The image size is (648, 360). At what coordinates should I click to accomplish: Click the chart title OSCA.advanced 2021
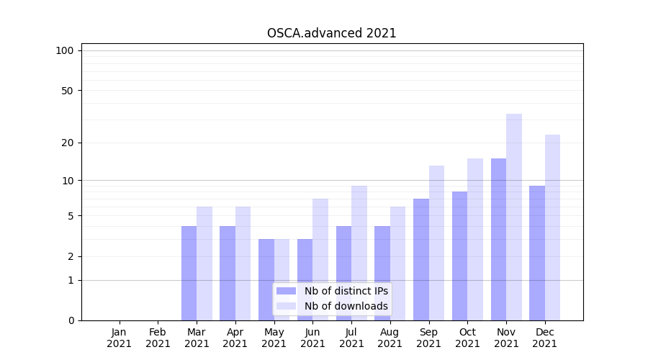click(331, 33)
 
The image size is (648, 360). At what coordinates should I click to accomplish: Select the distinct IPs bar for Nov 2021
click(498, 239)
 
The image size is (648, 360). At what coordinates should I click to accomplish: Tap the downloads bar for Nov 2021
click(514, 217)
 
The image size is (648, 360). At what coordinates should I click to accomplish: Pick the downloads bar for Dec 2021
click(552, 228)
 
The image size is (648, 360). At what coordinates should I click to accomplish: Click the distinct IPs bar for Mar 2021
click(189, 273)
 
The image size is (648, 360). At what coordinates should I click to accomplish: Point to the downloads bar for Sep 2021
click(436, 243)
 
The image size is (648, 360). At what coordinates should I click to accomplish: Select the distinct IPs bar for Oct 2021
click(459, 256)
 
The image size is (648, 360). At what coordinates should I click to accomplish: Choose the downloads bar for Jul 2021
click(359, 253)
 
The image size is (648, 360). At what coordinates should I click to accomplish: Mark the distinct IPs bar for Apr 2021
click(228, 273)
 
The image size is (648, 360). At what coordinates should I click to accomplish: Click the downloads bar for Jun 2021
click(320, 259)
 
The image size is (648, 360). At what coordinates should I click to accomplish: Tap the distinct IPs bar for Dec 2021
click(537, 253)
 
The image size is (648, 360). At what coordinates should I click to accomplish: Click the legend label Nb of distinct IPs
click(346, 291)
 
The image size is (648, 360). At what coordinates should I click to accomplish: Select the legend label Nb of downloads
click(346, 306)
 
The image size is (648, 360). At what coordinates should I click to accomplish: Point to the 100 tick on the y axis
click(65, 50)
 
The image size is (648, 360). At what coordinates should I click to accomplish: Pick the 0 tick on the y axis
click(71, 320)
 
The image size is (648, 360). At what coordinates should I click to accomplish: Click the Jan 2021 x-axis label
click(120, 338)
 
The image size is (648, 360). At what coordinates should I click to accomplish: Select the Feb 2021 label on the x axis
click(158, 338)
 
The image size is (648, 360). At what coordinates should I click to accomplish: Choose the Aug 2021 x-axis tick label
click(390, 338)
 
